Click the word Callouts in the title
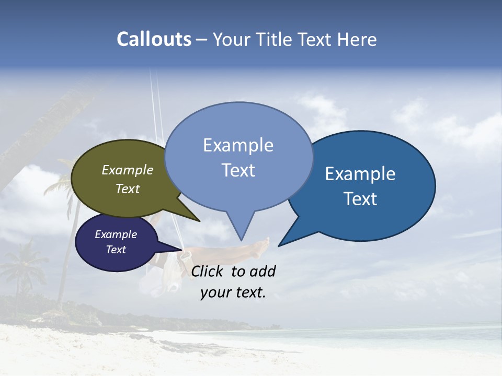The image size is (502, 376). [x=154, y=39]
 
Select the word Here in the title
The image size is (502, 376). [x=357, y=39]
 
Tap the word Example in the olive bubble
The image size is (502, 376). [x=128, y=170]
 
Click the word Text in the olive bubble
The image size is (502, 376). [x=128, y=189]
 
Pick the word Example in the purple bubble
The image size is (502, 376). [x=116, y=234]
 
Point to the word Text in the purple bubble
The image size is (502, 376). [x=116, y=250]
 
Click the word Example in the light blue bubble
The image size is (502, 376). [x=238, y=145]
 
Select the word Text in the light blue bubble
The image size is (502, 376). [x=238, y=170]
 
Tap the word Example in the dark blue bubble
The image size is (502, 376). [x=360, y=174]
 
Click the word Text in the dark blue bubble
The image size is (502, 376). [x=360, y=199]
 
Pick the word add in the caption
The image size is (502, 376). [x=262, y=272]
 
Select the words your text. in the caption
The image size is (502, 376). [x=233, y=292]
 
